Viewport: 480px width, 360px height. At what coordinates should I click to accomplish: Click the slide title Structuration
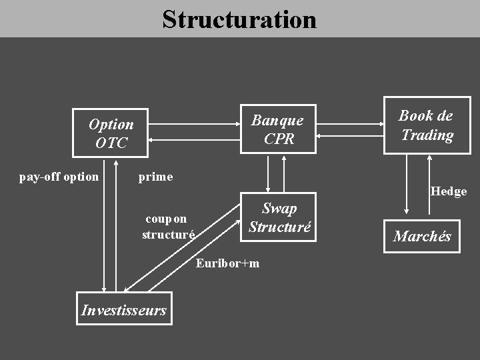pos(239,19)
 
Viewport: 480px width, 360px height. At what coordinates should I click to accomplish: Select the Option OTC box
pos(110,133)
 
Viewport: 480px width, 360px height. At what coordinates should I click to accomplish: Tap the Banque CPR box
pos(278,129)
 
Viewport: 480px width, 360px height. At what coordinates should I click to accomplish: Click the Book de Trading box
pos(427,125)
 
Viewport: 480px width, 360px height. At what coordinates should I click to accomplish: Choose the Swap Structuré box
pos(279,217)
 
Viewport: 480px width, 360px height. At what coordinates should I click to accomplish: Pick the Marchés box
pos(422,236)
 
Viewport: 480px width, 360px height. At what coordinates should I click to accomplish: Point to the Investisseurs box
pos(124,309)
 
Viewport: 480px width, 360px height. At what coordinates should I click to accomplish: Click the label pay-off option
pos(59,177)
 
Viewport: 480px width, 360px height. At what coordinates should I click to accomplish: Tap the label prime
pos(155,177)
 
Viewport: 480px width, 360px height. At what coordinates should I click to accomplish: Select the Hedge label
pos(449,191)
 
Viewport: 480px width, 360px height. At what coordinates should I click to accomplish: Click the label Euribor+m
pos(228,263)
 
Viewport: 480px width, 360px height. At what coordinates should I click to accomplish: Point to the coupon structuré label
pos(168,227)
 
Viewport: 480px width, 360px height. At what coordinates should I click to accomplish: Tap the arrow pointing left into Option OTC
pos(194,139)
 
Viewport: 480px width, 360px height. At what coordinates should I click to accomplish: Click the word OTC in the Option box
pos(111,143)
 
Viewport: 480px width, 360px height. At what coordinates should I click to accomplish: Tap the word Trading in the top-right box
pos(427,135)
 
